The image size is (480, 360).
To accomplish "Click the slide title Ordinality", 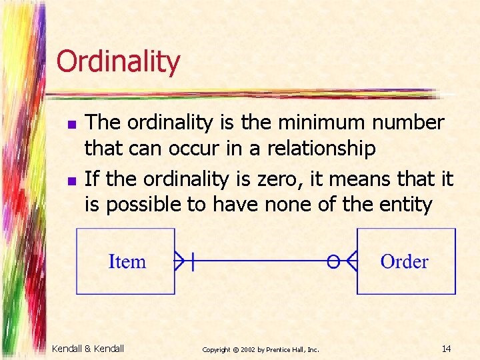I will pyautogui.click(x=118, y=61).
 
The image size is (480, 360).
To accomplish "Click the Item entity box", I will pyautogui.click(x=126, y=261).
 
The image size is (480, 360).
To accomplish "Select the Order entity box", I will pyautogui.click(x=406, y=261).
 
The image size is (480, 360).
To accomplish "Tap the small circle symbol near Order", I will pyautogui.click(x=333, y=261).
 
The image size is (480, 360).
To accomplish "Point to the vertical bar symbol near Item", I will pyautogui.click(x=193, y=261).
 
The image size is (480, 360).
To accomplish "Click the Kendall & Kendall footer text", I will pyautogui.click(x=88, y=348).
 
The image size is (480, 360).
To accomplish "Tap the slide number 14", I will pyautogui.click(x=446, y=348).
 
